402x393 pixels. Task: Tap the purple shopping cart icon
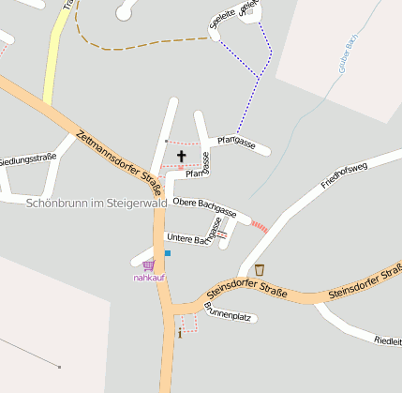(148, 266)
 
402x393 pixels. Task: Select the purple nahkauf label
(148, 278)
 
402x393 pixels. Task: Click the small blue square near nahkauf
(168, 253)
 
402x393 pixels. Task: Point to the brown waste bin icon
(260, 270)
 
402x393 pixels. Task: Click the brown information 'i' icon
(179, 332)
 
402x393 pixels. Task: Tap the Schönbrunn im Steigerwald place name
(97, 203)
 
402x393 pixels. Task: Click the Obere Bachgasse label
(203, 208)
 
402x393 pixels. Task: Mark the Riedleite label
(387, 340)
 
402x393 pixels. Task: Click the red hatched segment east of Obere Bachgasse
(260, 226)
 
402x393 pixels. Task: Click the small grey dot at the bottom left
(59, 367)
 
